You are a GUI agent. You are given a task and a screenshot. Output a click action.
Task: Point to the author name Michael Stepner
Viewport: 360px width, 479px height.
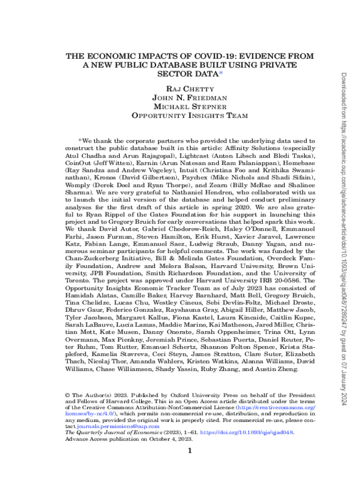point(189,107)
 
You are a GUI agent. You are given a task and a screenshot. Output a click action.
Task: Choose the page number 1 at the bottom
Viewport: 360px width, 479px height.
point(189,451)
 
